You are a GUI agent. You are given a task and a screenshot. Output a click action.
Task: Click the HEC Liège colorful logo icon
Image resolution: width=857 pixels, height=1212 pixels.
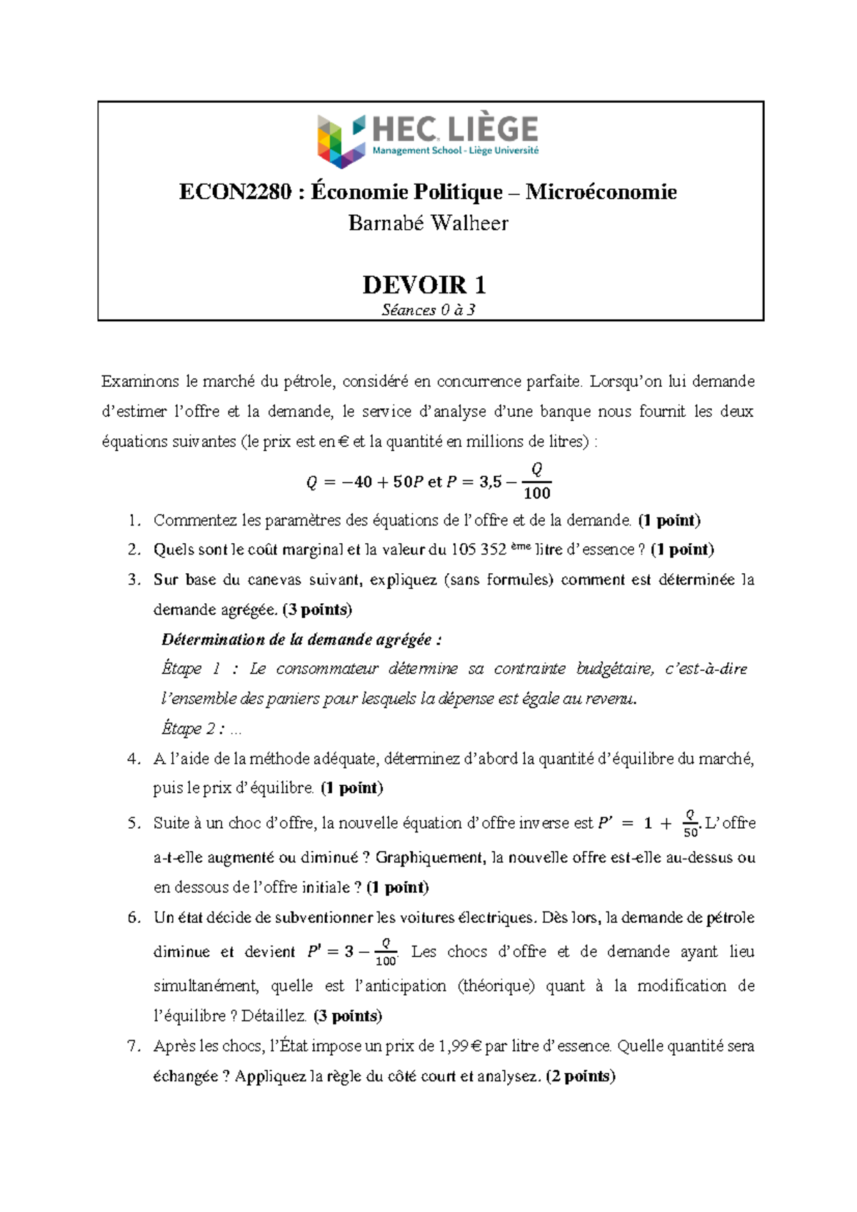click(x=341, y=141)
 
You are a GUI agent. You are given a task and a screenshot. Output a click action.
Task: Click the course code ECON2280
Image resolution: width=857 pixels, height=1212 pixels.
click(x=235, y=192)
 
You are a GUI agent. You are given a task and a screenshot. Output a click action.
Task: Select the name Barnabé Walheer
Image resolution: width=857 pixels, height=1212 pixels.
click(x=428, y=223)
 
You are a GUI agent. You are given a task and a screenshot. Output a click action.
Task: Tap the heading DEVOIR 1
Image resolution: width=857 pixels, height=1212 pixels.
click(x=424, y=285)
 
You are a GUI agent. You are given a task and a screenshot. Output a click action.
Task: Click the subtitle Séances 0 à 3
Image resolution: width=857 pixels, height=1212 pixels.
click(x=428, y=310)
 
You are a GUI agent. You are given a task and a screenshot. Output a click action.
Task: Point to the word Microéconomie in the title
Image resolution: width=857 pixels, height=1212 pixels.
click(x=601, y=192)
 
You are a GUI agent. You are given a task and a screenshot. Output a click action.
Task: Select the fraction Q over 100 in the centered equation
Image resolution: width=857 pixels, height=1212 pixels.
click(x=536, y=481)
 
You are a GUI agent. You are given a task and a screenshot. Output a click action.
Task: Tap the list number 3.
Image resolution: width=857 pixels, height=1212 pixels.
click(x=134, y=580)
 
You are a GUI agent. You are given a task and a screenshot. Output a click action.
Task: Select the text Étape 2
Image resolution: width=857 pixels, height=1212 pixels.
click(x=189, y=729)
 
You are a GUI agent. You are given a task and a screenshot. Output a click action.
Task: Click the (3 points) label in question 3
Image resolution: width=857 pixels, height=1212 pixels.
click(x=317, y=610)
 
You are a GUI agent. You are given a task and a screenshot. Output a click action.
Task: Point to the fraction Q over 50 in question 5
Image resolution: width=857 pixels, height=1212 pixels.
click(x=690, y=824)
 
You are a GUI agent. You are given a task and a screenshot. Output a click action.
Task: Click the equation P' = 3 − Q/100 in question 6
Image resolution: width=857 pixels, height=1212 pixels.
click(x=351, y=952)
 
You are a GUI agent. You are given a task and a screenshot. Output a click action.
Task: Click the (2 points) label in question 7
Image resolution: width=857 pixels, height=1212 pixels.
click(x=580, y=1076)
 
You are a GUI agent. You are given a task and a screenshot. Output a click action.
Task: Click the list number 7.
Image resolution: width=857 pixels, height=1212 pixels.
click(x=134, y=1046)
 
